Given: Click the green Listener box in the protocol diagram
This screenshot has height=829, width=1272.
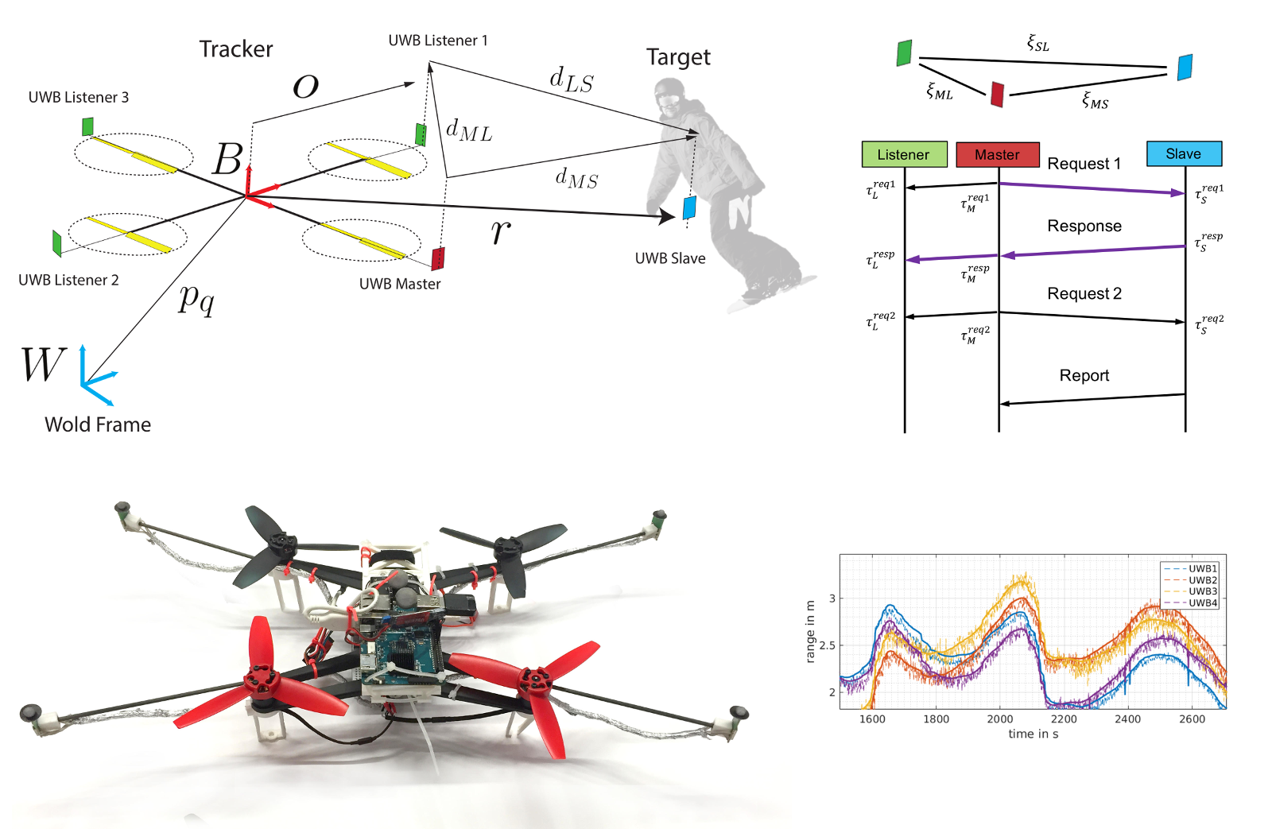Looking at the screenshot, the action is click(904, 154).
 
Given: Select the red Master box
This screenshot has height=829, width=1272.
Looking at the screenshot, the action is click(998, 154).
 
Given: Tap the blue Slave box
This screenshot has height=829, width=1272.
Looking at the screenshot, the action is click(1184, 154).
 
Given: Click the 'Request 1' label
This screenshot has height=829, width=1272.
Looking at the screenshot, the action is click(1084, 164).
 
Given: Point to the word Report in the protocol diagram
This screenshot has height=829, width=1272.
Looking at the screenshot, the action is click(1084, 375).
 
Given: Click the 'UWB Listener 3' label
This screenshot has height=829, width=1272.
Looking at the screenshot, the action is click(79, 97).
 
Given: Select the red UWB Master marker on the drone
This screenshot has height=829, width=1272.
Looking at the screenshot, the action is click(438, 258).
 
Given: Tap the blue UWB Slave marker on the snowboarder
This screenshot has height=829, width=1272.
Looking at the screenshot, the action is click(688, 207).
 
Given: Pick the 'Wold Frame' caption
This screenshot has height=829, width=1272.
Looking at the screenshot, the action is click(98, 424).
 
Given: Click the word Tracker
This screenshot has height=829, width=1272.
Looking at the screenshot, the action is click(235, 48).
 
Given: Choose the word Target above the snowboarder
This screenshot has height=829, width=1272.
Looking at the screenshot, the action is click(678, 57).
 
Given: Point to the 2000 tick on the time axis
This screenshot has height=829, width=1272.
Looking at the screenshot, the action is click(1000, 719).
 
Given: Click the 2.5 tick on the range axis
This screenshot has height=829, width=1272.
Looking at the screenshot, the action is click(828, 645).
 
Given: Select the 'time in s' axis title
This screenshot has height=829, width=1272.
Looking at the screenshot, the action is click(1033, 734).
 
